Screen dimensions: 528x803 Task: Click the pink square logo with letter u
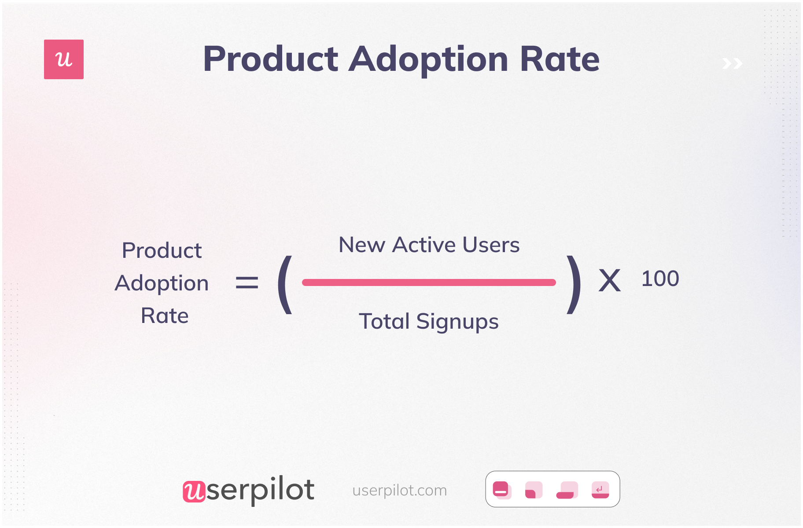[64, 59]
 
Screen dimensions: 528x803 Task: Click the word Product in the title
[270, 59]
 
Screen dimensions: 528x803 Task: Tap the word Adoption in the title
[428, 59]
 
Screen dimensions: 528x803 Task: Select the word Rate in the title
[560, 59]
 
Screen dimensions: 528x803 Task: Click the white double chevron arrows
[732, 64]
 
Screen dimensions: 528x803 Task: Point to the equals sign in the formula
[247, 282]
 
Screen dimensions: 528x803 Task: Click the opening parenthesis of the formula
[285, 285]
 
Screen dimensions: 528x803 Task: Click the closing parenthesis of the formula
[573, 285]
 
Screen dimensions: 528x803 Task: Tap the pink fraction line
[429, 282]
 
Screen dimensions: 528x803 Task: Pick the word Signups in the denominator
[457, 322]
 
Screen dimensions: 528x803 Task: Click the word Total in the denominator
[384, 321]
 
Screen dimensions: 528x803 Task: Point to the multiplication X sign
[610, 281]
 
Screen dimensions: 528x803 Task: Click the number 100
[660, 279]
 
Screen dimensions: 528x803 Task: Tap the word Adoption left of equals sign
[162, 283]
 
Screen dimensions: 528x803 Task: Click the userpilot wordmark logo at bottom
[248, 490]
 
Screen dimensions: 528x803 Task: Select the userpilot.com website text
[399, 490]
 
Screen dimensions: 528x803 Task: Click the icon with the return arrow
[600, 490]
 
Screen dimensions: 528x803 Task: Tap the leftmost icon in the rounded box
[502, 490]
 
